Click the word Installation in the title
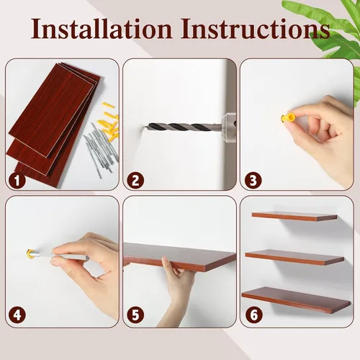102,28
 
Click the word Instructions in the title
256,28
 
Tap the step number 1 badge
17,181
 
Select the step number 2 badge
135,181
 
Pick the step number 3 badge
253,180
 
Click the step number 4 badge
17,315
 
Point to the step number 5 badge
135,315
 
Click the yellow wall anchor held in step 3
287,118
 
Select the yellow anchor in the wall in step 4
30,253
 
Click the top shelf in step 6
294,216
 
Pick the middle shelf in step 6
294,257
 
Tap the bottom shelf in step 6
297,300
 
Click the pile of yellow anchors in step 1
111,121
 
